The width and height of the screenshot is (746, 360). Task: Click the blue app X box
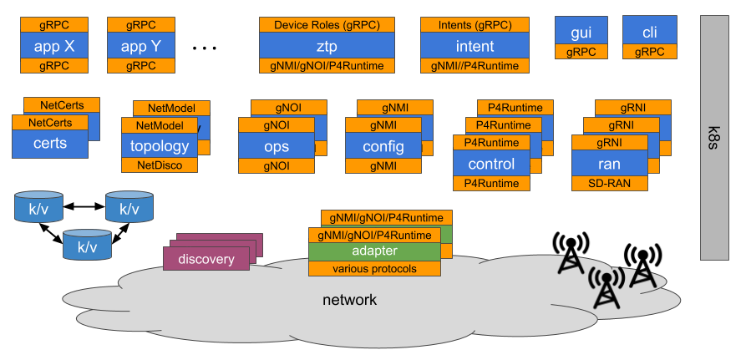[x=54, y=46]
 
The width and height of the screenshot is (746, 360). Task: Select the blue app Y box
[x=141, y=46]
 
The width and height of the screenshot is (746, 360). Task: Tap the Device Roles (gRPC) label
[x=327, y=25]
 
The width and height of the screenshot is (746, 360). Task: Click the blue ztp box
[x=327, y=46]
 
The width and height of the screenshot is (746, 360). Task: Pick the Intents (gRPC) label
[x=474, y=25]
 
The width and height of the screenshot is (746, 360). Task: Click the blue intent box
[x=474, y=46]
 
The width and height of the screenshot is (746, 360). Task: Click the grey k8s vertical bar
[x=714, y=138]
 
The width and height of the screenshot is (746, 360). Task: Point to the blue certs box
[x=50, y=144]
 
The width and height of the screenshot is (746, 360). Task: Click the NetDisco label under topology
[x=160, y=165]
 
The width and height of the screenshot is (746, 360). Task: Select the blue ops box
[x=277, y=146]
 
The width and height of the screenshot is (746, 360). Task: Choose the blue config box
[x=383, y=146]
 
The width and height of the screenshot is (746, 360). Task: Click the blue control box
[x=491, y=164]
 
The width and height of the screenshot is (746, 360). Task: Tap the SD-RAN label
[x=610, y=183]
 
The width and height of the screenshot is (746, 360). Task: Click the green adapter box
[x=374, y=251]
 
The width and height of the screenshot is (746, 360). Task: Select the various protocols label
[x=374, y=269]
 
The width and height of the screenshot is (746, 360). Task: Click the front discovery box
[x=206, y=259]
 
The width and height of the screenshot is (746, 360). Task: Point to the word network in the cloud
[x=350, y=300]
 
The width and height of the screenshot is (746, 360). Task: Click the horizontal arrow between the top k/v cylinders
[x=84, y=206]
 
